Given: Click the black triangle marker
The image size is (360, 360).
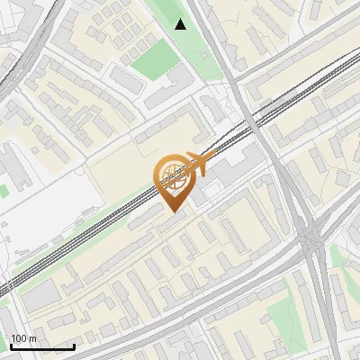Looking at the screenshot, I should pyautogui.click(x=181, y=24).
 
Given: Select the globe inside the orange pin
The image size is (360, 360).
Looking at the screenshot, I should pyautogui.click(x=175, y=176).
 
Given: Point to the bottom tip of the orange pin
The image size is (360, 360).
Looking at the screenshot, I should pyautogui.click(x=175, y=212).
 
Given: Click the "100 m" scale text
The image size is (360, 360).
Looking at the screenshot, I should pyautogui.click(x=23, y=338).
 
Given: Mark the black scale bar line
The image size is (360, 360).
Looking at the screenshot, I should pyautogui.click(x=42, y=346).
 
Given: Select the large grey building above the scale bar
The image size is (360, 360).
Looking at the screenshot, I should pyautogui.click(x=40, y=297).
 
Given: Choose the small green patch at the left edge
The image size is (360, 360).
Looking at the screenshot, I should pyautogui.click(x=3, y=191).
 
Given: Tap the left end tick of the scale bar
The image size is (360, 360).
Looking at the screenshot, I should pyautogui.click(x=11, y=346).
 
